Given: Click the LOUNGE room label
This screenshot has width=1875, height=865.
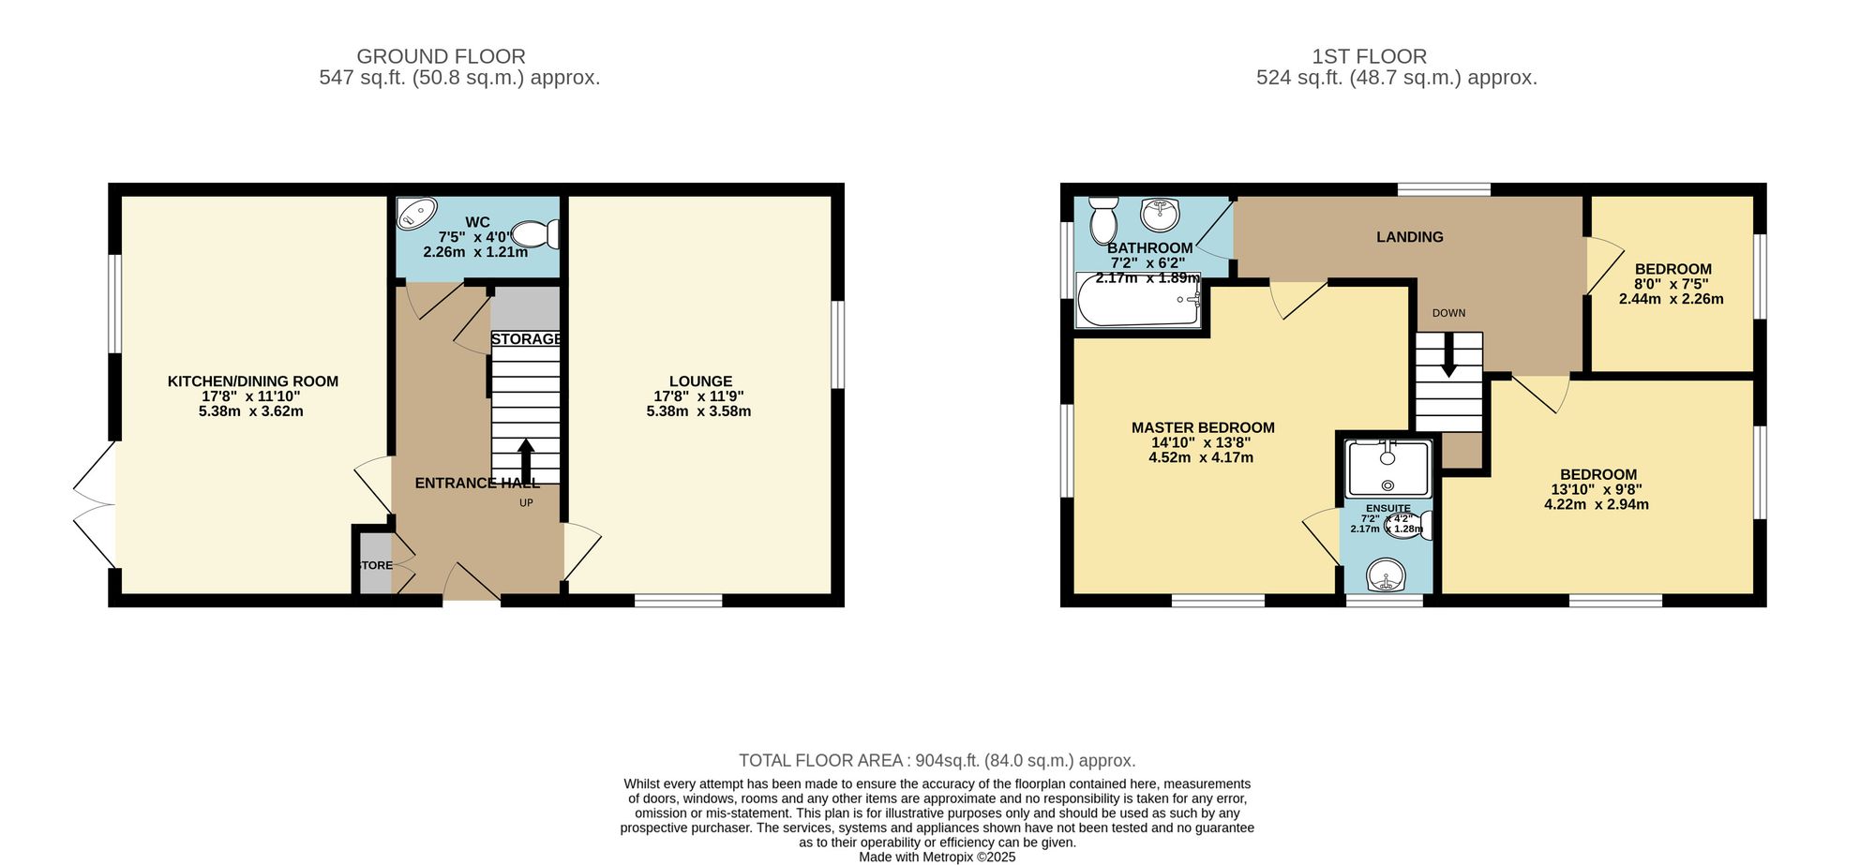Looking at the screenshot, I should [x=700, y=381].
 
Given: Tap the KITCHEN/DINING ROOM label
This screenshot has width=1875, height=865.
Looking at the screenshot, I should [x=252, y=381].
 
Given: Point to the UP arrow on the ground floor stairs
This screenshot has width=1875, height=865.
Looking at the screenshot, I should [x=526, y=460].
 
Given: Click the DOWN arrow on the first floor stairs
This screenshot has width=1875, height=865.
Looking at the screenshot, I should [x=1448, y=356].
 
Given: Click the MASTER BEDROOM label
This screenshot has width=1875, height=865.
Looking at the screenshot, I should [x=1202, y=428].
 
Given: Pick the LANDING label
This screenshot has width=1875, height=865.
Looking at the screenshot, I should [x=1409, y=237].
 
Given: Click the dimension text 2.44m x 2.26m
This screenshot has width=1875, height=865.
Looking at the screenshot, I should [x=1671, y=300].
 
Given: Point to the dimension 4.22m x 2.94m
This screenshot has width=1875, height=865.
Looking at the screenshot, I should [x=1597, y=504].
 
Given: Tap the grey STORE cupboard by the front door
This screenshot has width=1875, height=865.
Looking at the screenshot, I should [x=375, y=564].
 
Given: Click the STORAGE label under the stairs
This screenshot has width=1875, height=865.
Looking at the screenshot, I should [x=526, y=339].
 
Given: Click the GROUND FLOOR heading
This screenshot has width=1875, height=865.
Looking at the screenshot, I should [x=441, y=56].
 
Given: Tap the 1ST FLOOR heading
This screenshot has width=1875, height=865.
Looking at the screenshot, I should [x=1369, y=56].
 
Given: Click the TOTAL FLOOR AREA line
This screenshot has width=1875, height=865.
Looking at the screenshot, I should [x=937, y=761].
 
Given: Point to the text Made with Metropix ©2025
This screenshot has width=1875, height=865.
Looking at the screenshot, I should [x=937, y=857].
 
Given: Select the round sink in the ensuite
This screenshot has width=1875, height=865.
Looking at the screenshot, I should [x=1387, y=575].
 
